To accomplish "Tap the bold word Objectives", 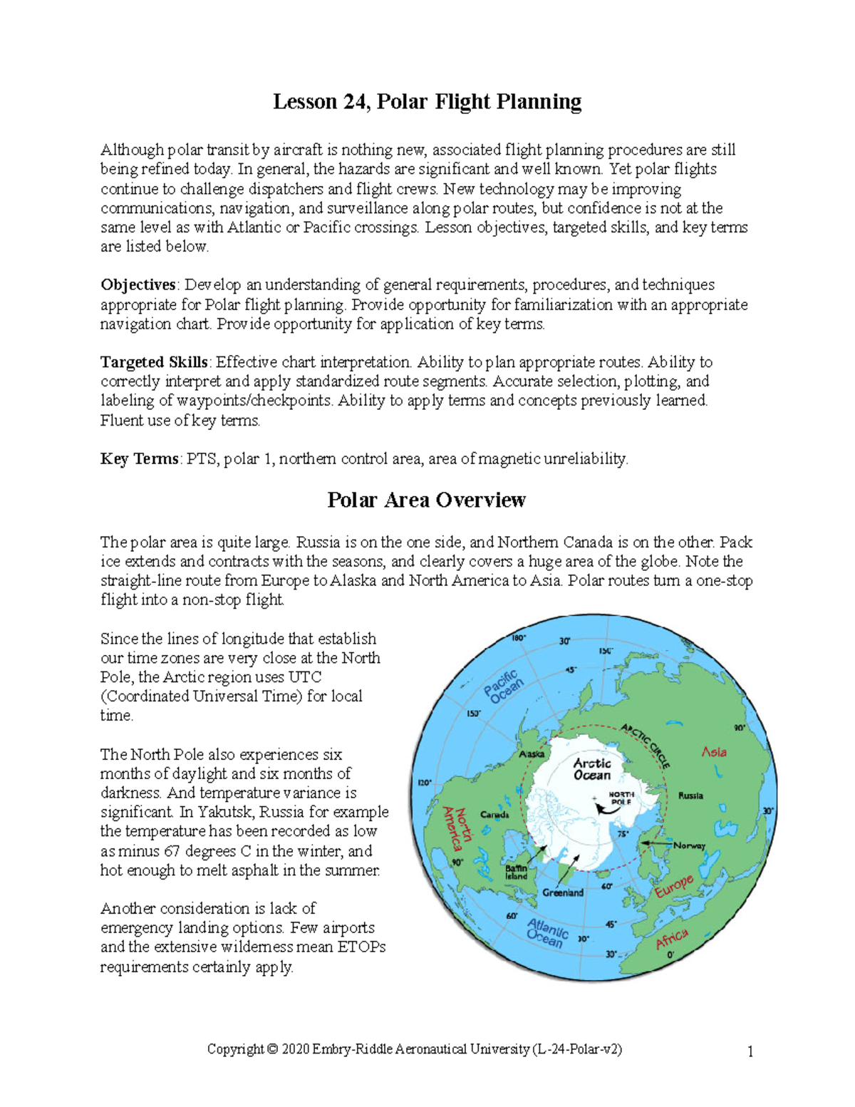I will pyautogui.click(x=138, y=285).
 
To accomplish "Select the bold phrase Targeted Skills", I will pyautogui.click(x=154, y=362).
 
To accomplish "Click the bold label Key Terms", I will pyautogui.click(x=139, y=459).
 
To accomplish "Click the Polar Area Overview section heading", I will pyautogui.click(x=426, y=500).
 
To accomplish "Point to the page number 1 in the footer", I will pyautogui.click(x=750, y=1051).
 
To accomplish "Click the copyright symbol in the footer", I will pyautogui.click(x=272, y=1049).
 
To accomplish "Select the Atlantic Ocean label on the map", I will pyautogui.click(x=547, y=932).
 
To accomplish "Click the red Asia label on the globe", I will pyautogui.click(x=714, y=752).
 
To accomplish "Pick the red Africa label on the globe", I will pyautogui.click(x=672, y=939).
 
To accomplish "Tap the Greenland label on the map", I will pyautogui.click(x=563, y=892).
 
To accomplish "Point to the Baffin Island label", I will pyautogui.click(x=517, y=872).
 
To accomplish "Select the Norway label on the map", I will pyautogui.click(x=689, y=845).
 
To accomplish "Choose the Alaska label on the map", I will pyautogui.click(x=532, y=754).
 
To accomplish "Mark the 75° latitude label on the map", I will pyautogui.click(x=623, y=834).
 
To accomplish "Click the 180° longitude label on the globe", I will pyautogui.click(x=519, y=638).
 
